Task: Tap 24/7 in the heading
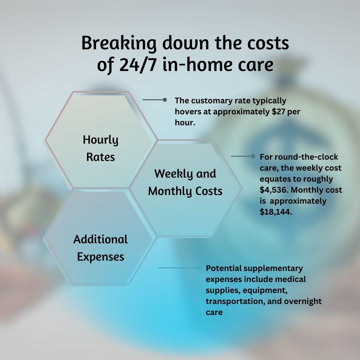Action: tap(137, 65)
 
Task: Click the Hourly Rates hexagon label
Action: tap(101, 148)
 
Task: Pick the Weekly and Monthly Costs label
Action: tap(185, 182)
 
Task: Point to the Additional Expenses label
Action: tap(101, 248)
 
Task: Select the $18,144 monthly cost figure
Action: tap(275, 212)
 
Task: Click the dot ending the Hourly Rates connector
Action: tap(165, 100)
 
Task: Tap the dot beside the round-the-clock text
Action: tap(253, 156)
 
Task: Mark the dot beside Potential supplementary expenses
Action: tap(200, 268)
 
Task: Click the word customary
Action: tap(210, 100)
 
